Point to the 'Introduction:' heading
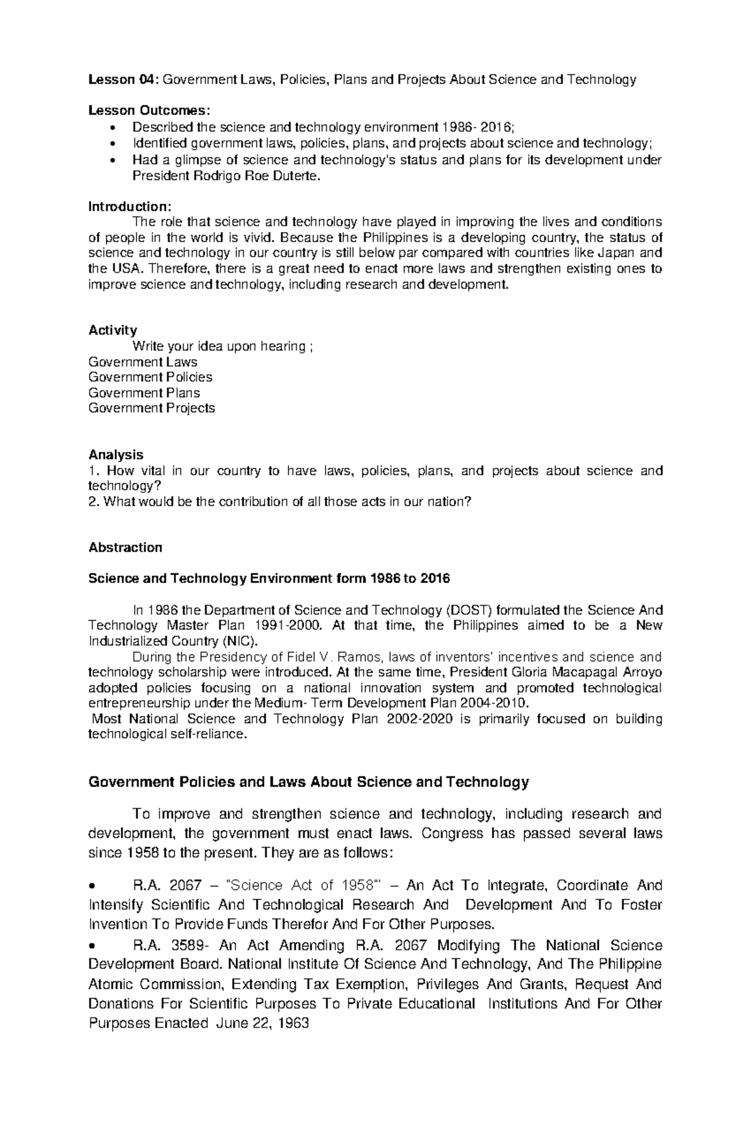tap(129, 206)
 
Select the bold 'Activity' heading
tap(113, 330)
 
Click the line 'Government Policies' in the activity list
tap(150, 377)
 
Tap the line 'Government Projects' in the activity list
tap(151, 408)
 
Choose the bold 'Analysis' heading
tap(116, 454)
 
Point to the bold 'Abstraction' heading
tap(125, 547)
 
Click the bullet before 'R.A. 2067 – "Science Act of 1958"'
tap(92, 886)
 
